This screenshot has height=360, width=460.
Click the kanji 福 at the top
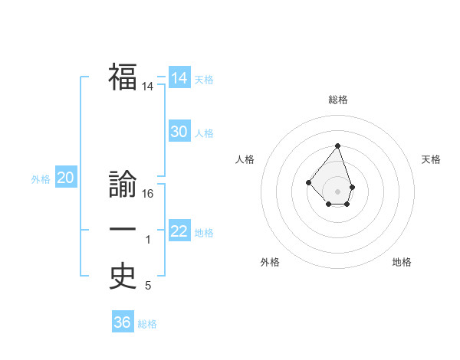coord(123,77)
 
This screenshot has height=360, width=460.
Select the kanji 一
coord(123,230)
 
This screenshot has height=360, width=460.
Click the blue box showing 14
coord(179,78)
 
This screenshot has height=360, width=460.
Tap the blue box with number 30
coord(179,132)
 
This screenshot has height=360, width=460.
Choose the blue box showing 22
coord(179,231)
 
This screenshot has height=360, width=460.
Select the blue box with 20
coord(65,178)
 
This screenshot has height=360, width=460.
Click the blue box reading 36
coord(122,322)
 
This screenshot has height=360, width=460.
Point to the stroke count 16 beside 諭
coord(148,194)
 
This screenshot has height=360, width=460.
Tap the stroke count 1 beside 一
coord(148,241)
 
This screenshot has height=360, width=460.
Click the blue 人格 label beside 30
coord(204,133)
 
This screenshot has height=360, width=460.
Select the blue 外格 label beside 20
coord(41,180)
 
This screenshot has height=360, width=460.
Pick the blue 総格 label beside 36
coord(147,324)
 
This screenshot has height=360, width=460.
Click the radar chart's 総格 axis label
coord(338,100)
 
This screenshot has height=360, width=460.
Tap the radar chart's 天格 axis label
coord(432,159)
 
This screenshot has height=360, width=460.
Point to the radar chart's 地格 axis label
coord(402,262)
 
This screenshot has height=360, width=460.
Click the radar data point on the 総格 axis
coord(338,146)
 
